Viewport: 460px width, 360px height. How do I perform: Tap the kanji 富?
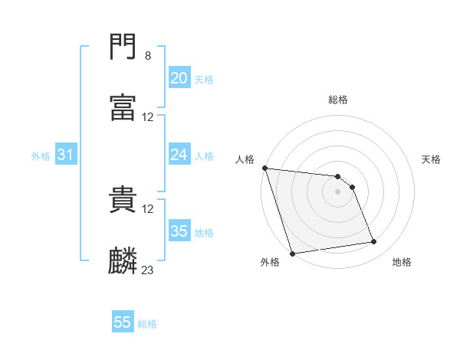tap(123, 108)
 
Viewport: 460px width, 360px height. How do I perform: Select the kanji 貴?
tap(123, 200)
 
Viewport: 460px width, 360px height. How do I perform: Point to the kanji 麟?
tap(123, 261)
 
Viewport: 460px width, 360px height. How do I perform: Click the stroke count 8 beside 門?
tap(147, 56)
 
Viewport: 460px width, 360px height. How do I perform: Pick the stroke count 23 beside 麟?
tap(148, 270)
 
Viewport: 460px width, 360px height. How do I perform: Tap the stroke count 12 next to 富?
tap(148, 117)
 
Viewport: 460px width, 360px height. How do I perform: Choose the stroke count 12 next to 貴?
tap(148, 209)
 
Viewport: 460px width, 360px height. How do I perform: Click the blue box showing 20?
tap(179, 78)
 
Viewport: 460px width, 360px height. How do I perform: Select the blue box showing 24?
tap(179, 155)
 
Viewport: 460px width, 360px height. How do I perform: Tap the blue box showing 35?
tap(179, 231)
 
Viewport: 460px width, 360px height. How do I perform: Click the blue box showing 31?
tap(66, 155)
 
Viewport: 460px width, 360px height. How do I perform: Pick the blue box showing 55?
tap(123, 322)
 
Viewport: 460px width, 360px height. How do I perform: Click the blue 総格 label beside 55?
tap(147, 324)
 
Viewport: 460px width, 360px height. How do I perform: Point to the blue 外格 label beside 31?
tap(41, 156)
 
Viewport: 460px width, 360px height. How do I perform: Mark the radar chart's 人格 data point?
tap(264, 168)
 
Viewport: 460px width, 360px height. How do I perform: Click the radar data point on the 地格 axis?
tap(374, 242)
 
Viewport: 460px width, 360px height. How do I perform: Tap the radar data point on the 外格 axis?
tap(292, 253)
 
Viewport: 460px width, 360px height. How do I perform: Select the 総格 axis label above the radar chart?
tap(338, 100)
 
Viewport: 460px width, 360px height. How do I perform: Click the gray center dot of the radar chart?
tap(338, 191)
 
